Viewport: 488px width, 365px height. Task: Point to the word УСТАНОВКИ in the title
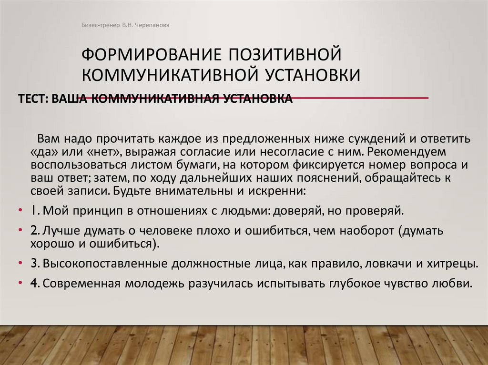point(310,75)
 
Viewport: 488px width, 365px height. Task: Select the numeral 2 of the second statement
point(34,231)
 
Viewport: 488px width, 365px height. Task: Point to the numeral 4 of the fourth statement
point(34,284)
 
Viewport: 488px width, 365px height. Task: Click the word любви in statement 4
point(456,284)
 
